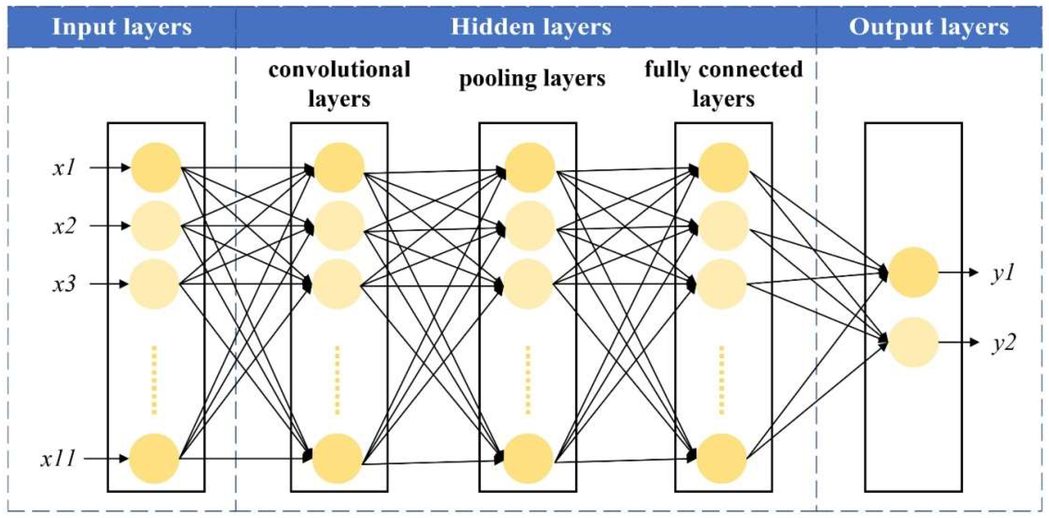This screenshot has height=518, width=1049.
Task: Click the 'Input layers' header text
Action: click(x=122, y=27)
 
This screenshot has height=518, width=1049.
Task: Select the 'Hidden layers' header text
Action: click(x=531, y=27)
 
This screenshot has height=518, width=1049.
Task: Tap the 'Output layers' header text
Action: click(x=928, y=27)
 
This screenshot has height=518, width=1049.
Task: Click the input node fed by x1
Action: click(x=156, y=167)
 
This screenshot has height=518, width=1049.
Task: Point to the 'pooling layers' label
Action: click(x=532, y=78)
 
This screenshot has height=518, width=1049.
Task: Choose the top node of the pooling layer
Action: click(x=530, y=167)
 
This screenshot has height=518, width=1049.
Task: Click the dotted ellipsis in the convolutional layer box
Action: click(x=337, y=380)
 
